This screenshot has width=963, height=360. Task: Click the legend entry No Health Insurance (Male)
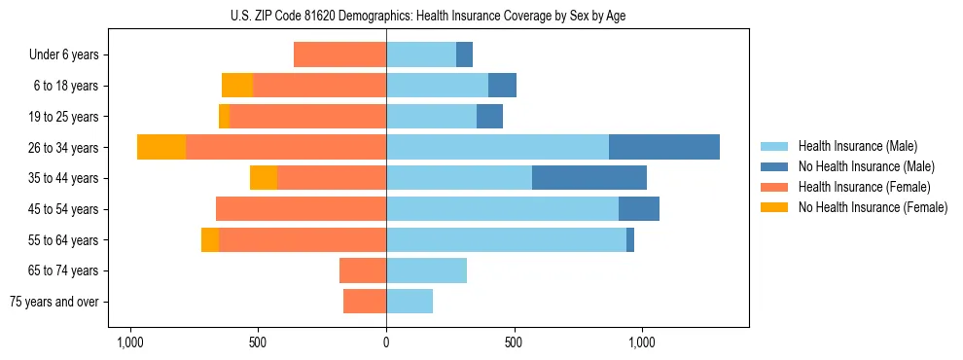(866, 166)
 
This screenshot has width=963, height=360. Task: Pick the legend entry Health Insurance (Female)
(864, 187)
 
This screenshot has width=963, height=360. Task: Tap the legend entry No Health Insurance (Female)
(873, 207)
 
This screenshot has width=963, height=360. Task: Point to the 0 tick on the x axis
(386, 342)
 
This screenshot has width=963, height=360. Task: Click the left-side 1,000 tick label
(129, 342)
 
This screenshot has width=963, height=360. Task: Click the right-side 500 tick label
(515, 342)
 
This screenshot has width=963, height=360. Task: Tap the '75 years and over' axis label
(54, 302)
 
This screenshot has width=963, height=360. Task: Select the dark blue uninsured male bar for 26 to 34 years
(664, 147)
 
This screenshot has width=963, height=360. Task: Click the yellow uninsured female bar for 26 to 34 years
(161, 147)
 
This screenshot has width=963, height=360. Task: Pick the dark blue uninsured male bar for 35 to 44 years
(589, 178)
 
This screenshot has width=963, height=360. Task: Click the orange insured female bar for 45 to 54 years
(301, 208)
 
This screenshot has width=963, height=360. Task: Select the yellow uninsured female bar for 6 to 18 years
(237, 86)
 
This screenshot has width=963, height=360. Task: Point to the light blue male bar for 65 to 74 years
(426, 270)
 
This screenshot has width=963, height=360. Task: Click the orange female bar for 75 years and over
(365, 302)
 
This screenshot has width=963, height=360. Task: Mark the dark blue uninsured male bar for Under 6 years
(464, 54)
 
